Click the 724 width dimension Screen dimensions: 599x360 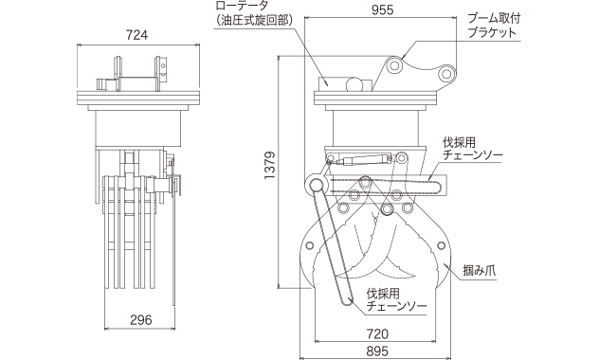[136, 35]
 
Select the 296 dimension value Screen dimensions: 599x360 [141, 320]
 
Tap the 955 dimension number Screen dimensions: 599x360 [382, 10]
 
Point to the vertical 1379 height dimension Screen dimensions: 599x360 [270, 166]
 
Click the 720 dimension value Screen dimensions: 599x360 [377, 334]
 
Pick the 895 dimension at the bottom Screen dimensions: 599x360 [377, 351]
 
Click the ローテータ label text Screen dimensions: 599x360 [243, 6]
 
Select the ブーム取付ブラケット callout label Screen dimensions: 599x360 [493, 26]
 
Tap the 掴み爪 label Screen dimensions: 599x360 [480, 271]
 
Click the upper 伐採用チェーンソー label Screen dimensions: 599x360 [473, 150]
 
